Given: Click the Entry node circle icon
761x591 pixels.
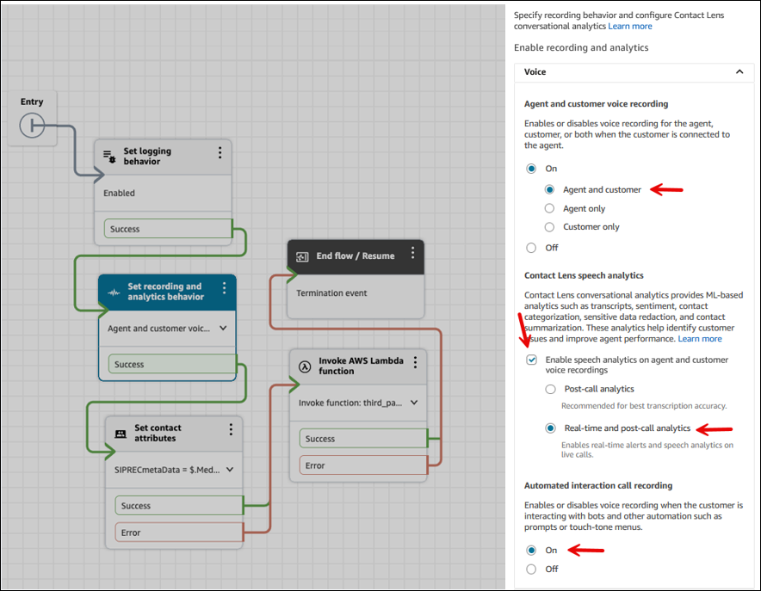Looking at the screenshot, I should (x=32, y=126).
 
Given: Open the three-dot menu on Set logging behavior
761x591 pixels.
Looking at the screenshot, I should (x=220, y=152).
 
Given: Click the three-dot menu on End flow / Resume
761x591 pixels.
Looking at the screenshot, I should (x=412, y=253).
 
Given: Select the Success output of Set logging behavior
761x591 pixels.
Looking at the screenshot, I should (x=167, y=229).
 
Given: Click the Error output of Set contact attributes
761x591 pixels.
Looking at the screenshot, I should (x=178, y=533).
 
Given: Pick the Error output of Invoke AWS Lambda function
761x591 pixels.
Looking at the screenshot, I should (x=362, y=465).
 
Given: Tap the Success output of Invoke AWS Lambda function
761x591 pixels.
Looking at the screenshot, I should (x=362, y=439).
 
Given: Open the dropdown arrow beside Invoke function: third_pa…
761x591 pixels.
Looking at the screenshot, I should (x=414, y=402).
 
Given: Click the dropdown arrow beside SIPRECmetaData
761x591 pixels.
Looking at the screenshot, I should (x=230, y=470).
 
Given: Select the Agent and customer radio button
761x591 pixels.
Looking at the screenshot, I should (x=549, y=190).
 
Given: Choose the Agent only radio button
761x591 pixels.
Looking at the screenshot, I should (x=549, y=208).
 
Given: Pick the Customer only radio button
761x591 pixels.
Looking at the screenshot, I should (x=549, y=227).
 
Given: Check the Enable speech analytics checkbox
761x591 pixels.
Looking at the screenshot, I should (x=531, y=360).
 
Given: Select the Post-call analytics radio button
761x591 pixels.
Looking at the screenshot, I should (x=549, y=390).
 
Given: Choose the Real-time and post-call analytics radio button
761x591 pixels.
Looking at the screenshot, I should (x=549, y=428).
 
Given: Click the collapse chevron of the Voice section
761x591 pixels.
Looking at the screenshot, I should (x=739, y=72).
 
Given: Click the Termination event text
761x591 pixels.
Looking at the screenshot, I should (x=331, y=293).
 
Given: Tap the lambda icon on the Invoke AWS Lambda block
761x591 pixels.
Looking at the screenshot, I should (x=304, y=366).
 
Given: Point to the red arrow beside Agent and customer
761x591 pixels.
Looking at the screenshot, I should (x=666, y=190).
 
